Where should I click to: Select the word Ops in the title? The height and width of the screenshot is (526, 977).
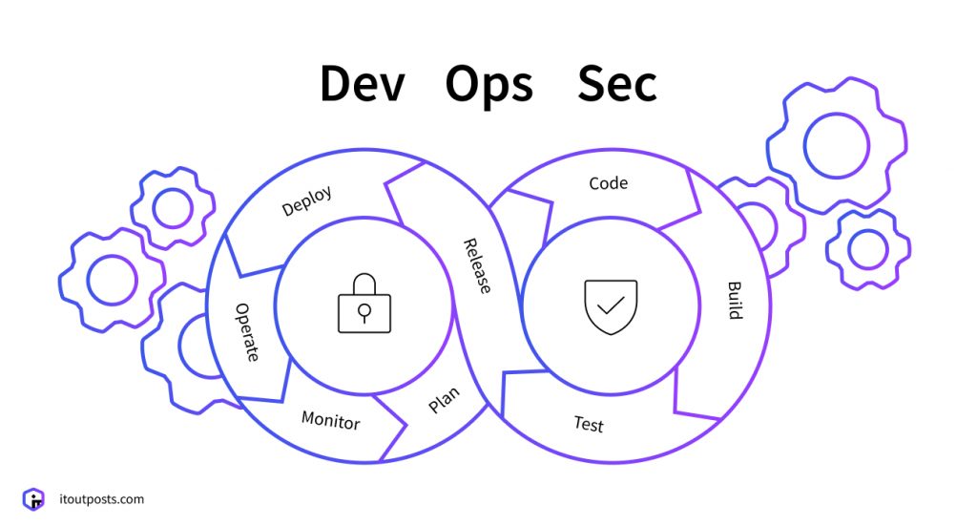pos(488,86)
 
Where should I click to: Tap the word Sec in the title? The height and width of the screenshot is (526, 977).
pos(616,85)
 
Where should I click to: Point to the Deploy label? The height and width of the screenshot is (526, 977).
pos(307,201)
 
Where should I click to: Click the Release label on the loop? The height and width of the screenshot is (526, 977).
pos(477,265)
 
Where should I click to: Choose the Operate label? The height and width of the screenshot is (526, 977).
pos(246,332)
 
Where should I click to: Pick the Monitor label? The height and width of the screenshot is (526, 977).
pos(330,420)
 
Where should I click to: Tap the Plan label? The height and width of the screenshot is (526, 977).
pos(444,400)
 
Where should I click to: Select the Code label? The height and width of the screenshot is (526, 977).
pos(608,183)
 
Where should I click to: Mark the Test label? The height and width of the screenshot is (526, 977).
pos(589,424)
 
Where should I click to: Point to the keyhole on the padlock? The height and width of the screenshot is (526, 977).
pos(364,312)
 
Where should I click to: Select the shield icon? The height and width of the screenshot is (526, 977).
pos(611,305)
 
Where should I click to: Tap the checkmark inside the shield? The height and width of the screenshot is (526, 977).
pos(611,305)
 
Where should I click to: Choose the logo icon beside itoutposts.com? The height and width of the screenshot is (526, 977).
pos(33,498)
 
